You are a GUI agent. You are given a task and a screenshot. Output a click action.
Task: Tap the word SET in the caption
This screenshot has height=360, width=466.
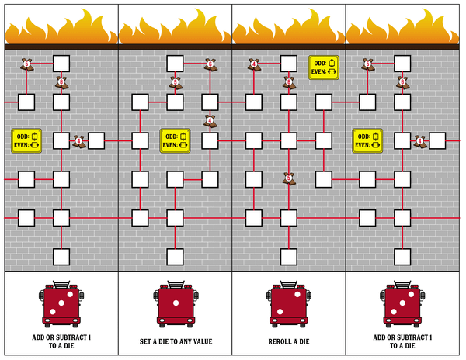pyautogui.click(x=146, y=341)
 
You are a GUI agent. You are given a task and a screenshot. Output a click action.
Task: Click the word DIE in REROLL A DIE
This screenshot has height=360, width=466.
pyautogui.click(x=304, y=341)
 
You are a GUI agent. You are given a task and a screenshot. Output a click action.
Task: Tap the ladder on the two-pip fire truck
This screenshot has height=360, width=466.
pyautogui.click(x=288, y=283)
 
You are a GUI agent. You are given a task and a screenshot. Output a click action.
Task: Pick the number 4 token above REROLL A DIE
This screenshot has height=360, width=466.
pyautogui.click(x=252, y=64)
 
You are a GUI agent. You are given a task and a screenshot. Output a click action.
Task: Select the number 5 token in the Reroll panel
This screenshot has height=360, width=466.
pyautogui.click(x=288, y=178)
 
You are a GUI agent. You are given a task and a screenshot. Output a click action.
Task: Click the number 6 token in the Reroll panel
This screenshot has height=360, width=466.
pyautogui.click(x=288, y=81)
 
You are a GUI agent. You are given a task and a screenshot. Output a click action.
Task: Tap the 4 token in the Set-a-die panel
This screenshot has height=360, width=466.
pyautogui.click(x=210, y=121)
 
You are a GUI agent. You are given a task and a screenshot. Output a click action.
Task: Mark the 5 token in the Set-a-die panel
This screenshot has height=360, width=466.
pyautogui.click(x=176, y=81)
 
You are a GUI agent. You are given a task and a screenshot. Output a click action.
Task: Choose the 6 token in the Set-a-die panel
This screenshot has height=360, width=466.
pyautogui.click(x=210, y=64)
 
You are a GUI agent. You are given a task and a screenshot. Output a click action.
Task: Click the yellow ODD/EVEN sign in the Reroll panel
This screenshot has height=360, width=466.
pyautogui.click(x=323, y=67)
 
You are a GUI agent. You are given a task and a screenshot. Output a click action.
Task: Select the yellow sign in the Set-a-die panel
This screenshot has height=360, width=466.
pyautogui.click(x=175, y=140)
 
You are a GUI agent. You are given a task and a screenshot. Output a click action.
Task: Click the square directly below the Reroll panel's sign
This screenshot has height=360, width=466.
pyautogui.click(x=323, y=102)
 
